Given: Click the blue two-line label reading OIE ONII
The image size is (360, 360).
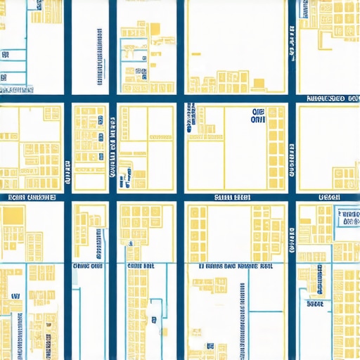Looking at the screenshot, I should tap(255, 116).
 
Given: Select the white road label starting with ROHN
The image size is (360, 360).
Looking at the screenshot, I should tap(32, 198).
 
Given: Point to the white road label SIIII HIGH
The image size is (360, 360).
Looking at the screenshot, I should tap(231, 198).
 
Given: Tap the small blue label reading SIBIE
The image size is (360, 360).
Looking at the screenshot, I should tap(314, 304).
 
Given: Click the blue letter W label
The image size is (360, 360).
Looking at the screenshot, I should tap(15, 297).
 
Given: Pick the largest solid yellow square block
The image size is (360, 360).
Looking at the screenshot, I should tap(13, 217).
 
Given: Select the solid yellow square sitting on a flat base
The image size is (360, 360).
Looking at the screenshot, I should tap(258, 84).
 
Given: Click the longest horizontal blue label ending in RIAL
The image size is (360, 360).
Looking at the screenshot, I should tap(236, 267).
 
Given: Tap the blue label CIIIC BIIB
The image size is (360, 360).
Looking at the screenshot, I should tap(87, 267).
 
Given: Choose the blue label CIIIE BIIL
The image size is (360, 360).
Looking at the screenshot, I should tap(141, 267).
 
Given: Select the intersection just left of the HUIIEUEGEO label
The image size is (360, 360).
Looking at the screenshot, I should tap(292, 99).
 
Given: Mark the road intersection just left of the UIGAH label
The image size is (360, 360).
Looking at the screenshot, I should tap(292, 198).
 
